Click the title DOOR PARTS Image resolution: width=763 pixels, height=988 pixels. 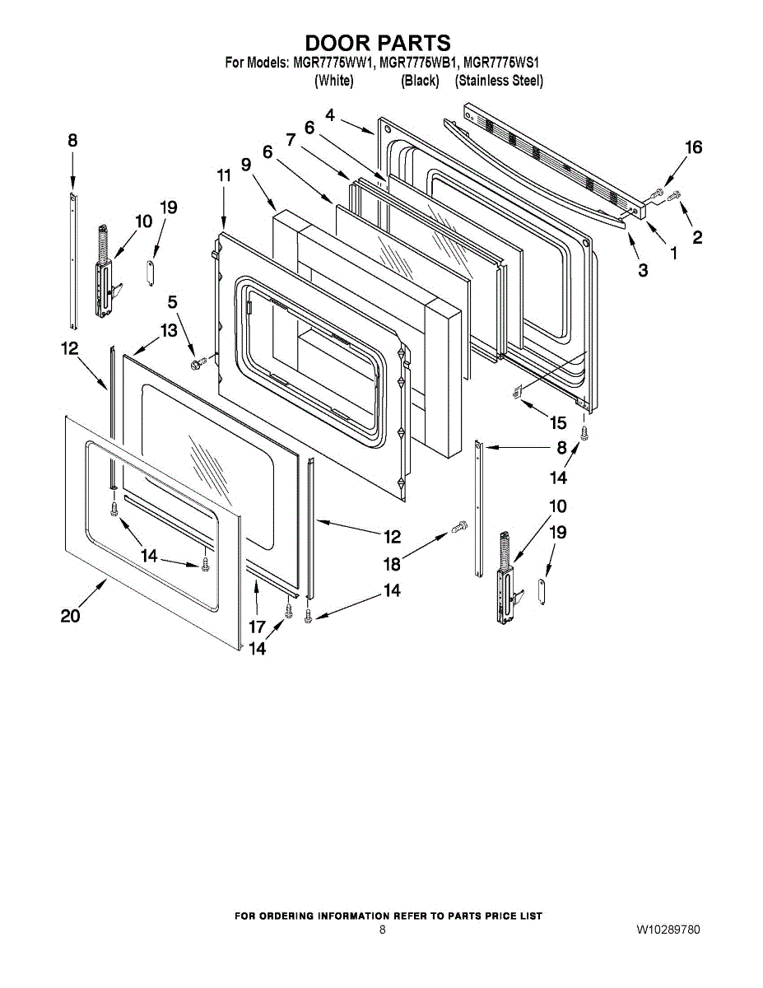378,42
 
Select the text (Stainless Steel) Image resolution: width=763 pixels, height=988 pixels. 499,81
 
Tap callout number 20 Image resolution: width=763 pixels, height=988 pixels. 70,615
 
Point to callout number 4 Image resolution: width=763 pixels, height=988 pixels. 330,116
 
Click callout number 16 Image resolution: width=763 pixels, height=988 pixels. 694,147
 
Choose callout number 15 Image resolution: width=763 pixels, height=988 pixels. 558,423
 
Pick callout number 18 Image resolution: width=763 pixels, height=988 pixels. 392,564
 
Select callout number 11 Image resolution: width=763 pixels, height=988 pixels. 224,175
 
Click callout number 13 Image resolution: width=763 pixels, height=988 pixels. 168,330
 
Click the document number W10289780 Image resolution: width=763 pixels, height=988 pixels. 668,930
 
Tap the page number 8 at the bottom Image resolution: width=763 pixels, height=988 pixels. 382,930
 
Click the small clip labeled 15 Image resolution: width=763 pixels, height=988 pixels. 517,392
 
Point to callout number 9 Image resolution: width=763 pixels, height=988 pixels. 246,164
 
